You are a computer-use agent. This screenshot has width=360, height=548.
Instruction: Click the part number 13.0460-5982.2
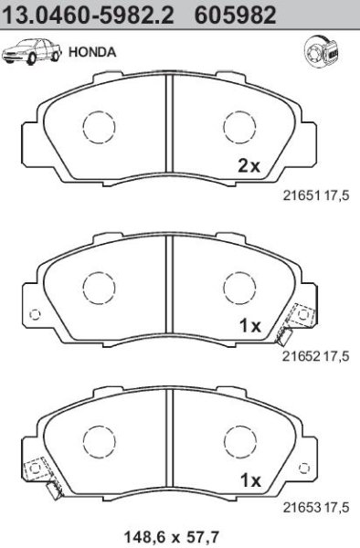coord(89,16)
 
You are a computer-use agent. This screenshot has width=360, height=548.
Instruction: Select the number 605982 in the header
coord(236,16)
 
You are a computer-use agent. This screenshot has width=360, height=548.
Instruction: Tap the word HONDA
coord(92,52)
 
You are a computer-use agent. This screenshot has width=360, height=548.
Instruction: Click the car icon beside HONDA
coord(31,52)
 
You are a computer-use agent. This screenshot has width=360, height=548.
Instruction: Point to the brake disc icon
coord(321,53)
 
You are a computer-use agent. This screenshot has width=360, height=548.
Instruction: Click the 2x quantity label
coord(249,166)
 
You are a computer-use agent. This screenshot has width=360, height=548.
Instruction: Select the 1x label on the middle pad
coord(250,326)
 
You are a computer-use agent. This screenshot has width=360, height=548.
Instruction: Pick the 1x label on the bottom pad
coord(250,481)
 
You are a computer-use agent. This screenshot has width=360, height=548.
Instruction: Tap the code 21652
coord(302,356)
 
